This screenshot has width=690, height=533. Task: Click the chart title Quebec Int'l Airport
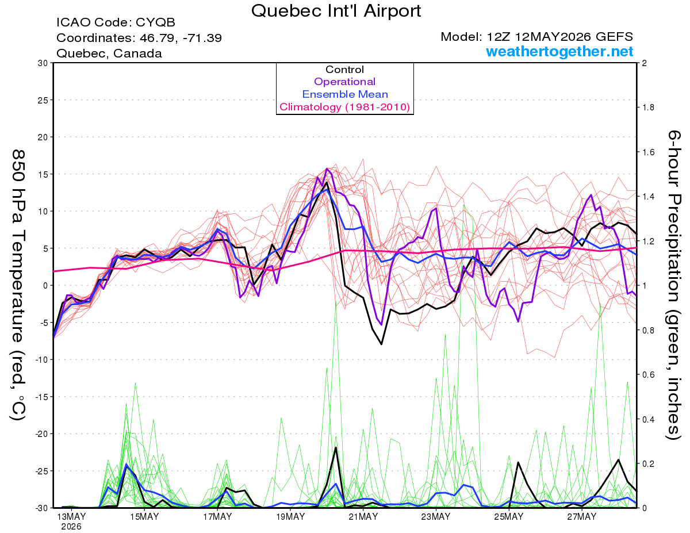coord(336,11)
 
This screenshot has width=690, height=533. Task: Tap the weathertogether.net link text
coord(559,51)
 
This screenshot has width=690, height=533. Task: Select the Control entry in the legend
coord(345,70)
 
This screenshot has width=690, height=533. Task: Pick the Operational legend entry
coord(345,82)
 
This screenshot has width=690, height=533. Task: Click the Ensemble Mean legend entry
coord(345,94)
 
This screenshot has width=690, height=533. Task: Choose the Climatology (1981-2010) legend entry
coord(345,107)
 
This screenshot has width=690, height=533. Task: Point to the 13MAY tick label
coord(71,516)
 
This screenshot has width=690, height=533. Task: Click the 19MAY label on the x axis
coord(290,516)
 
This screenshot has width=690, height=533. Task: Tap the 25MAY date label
coord(508,516)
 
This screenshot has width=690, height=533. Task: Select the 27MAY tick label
coord(582,516)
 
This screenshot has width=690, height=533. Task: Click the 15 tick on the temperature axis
coord(43,174)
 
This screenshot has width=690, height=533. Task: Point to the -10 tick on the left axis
coord(41,360)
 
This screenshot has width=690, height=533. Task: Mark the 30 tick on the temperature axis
coord(43,63)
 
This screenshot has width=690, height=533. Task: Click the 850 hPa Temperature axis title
coord(18,285)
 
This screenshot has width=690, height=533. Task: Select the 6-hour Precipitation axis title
coord(674,285)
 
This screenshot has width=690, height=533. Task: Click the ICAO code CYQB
coord(156,22)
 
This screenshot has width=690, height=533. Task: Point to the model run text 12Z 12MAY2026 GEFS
coord(560,37)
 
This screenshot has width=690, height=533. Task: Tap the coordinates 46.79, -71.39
coord(181,38)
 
